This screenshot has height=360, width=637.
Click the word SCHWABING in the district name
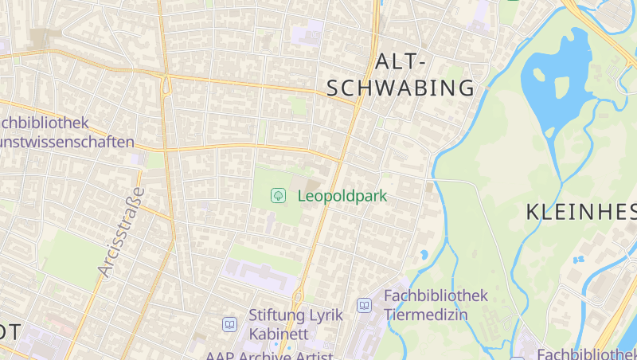(401, 88)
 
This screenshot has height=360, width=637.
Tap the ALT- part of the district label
(401, 61)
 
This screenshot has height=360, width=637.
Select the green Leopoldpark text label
(342, 194)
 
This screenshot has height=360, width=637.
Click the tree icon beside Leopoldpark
(279, 194)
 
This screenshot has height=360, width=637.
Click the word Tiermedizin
(426, 314)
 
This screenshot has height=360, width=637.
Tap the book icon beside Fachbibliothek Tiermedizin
(365, 305)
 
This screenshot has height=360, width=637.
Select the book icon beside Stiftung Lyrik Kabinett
(229, 324)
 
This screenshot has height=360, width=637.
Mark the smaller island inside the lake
(538, 74)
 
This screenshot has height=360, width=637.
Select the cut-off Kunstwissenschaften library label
(67, 143)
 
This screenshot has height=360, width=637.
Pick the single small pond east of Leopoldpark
(424, 255)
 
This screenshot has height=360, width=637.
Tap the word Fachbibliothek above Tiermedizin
(436, 295)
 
